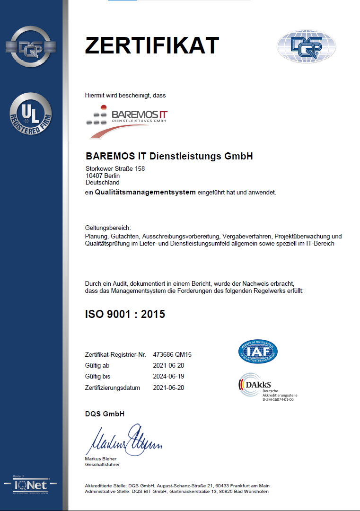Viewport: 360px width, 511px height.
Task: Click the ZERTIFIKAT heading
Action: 151,45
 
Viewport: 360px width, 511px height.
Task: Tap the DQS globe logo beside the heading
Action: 306,46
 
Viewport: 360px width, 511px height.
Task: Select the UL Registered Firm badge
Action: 31,114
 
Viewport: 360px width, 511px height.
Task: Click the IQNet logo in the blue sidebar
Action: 31,485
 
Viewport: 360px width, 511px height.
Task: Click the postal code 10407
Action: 94,176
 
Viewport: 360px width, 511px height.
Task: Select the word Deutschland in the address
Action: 102,182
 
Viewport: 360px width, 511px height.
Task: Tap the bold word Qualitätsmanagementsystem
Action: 145,193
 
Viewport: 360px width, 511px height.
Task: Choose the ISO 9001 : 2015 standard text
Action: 125,314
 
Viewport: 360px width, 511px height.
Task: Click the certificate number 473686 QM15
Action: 172,354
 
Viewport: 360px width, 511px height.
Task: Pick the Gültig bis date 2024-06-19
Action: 168,377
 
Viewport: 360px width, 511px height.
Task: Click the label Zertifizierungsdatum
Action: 113,388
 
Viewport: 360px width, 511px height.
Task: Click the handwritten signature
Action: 123,440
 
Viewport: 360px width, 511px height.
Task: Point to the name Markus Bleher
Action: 101,458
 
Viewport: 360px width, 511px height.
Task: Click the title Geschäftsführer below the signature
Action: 103,465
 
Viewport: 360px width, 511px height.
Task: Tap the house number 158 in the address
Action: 140,169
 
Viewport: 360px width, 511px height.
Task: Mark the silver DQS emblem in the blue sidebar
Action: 31,47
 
